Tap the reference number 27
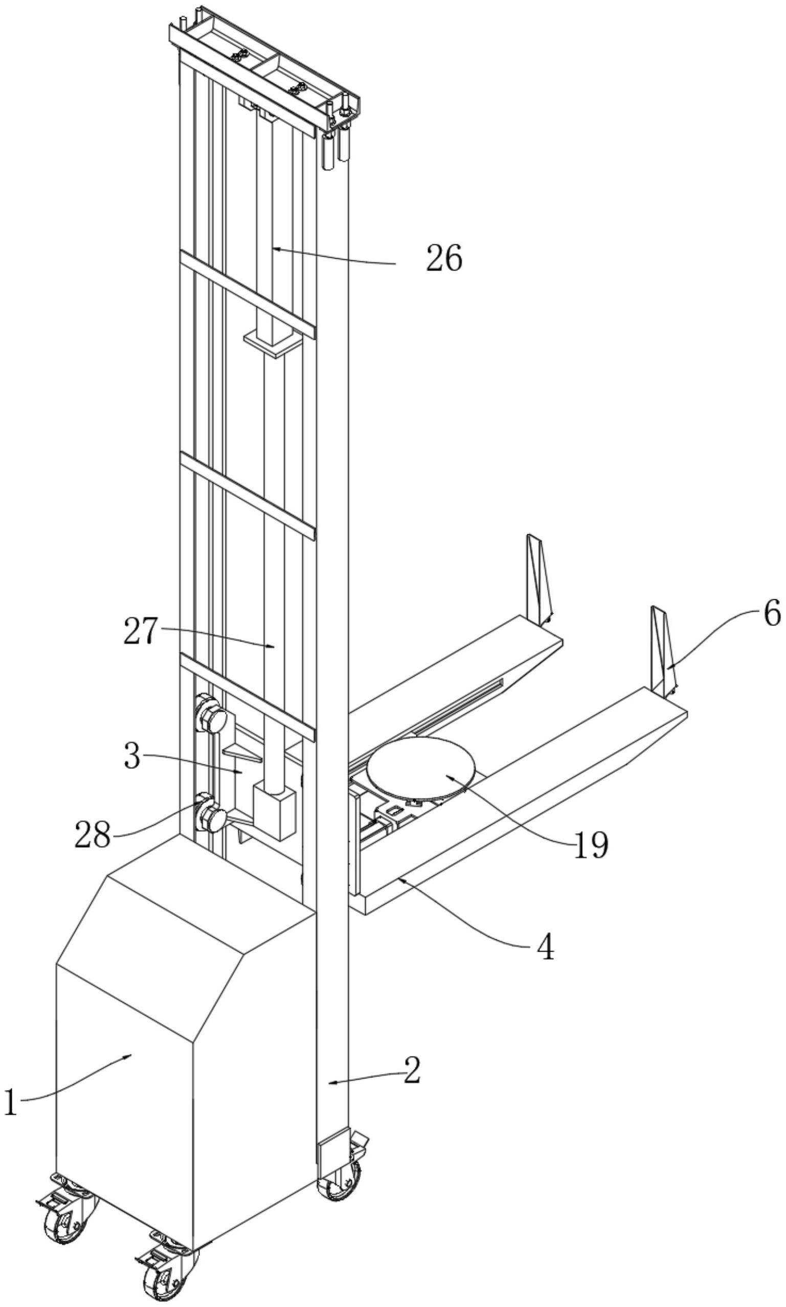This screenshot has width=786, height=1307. [x=141, y=632]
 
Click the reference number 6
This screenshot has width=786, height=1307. [x=772, y=615]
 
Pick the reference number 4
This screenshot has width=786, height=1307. [x=545, y=947]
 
